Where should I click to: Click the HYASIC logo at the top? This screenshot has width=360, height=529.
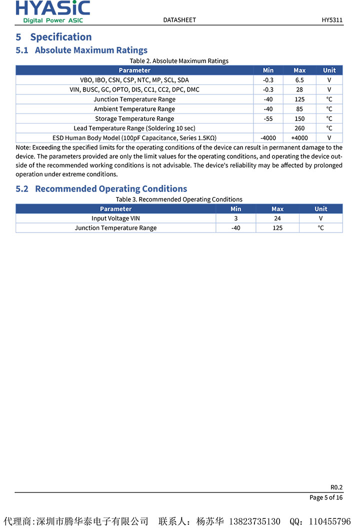tap(53, 11)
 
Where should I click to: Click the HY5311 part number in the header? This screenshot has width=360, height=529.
tap(332, 20)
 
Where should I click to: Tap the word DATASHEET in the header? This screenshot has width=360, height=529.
tap(179, 20)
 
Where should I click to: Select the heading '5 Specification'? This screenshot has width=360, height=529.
tap(53, 37)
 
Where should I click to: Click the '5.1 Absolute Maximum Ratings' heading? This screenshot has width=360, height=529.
tap(81, 50)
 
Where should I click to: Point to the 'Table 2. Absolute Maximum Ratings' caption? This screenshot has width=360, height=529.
tap(179, 61)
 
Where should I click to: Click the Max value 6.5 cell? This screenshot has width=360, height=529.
tap(299, 80)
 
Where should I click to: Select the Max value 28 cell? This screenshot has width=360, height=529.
tap(299, 89)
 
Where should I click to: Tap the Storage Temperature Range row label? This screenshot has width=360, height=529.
tap(134, 119)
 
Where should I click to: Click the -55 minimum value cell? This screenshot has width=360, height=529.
tap(268, 119)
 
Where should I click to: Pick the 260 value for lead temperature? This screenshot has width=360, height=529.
tap(299, 128)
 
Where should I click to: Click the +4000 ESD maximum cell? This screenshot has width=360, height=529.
tap(299, 138)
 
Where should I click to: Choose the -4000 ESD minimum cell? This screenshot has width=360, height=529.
tap(268, 138)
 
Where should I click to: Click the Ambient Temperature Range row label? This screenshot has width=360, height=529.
tap(134, 109)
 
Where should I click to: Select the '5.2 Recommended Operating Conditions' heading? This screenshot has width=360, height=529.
tap(101, 188)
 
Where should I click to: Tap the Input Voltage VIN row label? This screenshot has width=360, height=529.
tap(115, 218)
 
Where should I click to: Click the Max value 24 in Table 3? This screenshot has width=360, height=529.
tap(277, 218)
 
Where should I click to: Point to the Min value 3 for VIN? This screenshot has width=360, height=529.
tap(236, 218)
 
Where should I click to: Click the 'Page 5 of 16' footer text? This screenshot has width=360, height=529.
tap(326, 497)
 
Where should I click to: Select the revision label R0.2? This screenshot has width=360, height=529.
tap(336, 487)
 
